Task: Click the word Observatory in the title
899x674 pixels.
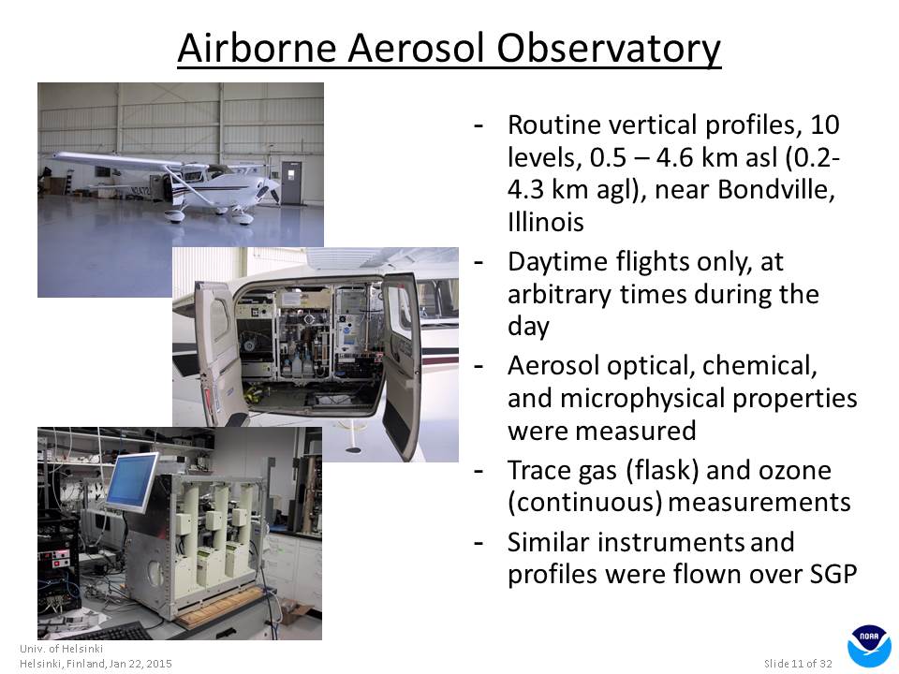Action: click(609, 48)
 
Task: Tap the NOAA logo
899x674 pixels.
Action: click(868, 646)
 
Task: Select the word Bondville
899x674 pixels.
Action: click(775, 190)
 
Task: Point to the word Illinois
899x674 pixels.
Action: click(545, 223)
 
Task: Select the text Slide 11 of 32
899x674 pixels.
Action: click(798, 664)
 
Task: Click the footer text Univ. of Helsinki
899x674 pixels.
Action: click(62, 649)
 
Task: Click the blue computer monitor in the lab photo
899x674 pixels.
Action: click(131, 481)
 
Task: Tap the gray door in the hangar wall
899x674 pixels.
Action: click(291, 183)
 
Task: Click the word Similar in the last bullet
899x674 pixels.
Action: click(548, 542)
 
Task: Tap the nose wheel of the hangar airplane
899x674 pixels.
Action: click(243, 218)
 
